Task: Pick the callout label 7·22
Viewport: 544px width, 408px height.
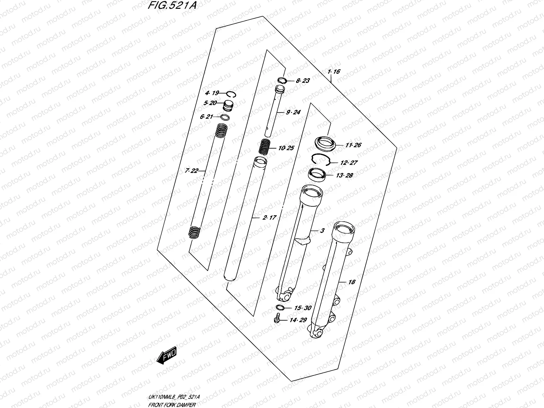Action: pos(191,171)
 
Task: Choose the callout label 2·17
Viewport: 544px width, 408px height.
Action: pos(269,218)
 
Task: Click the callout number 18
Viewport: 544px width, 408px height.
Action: pos(352,282)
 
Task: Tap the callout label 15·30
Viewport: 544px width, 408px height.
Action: pos(303,308)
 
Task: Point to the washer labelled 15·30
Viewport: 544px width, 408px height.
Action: pos(280,308)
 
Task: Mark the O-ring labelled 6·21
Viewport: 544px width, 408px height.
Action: pos(225,118)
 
